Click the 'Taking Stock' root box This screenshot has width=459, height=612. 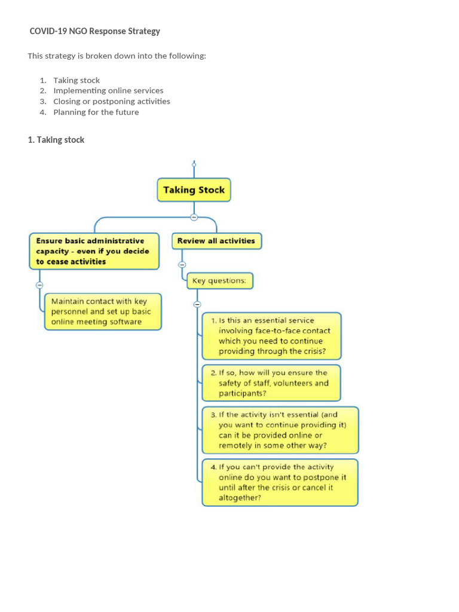194,190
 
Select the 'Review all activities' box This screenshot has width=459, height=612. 216,241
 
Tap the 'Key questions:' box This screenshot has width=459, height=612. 219,280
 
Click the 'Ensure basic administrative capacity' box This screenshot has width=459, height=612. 94,251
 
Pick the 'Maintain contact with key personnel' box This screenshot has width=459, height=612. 103,311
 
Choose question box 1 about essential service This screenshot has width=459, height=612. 271,336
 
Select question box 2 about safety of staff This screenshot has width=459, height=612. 271,383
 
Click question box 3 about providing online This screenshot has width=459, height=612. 280,430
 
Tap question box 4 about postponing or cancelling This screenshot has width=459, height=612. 279,482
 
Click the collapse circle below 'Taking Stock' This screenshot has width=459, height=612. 194,217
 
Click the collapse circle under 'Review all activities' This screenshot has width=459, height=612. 182,264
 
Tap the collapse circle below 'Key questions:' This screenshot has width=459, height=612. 197,304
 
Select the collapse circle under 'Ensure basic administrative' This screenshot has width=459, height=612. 39,285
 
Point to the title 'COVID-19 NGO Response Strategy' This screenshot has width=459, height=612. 95,31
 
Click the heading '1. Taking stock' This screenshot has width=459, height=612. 56,140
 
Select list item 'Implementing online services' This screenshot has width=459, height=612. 108,91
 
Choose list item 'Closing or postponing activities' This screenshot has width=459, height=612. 112,102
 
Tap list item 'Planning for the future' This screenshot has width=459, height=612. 96,112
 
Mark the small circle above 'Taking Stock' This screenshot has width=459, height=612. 194,163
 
